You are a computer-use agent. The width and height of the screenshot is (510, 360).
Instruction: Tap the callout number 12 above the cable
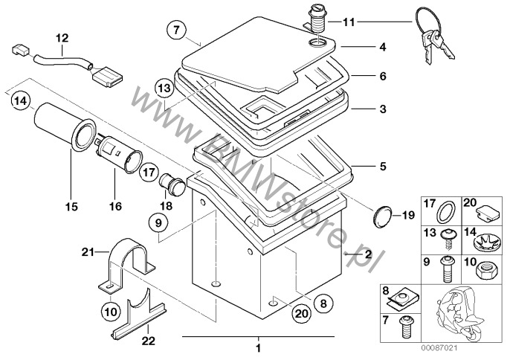point(62,36)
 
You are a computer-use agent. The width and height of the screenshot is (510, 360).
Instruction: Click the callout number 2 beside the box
point(367,254)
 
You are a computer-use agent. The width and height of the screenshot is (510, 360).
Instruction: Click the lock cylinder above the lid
point(317,19)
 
